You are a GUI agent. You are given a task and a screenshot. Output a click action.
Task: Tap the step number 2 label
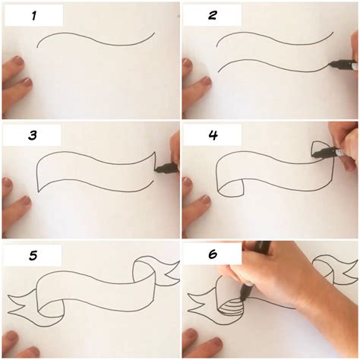coord(213,15)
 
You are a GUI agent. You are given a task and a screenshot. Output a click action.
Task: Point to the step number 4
coord(213,136)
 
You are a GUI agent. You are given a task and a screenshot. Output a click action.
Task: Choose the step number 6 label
coord(213,256)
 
